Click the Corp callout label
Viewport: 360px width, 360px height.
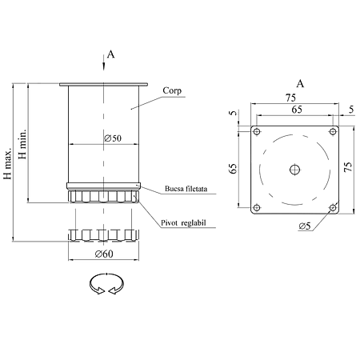(172, 90)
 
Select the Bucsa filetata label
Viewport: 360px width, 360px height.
(186, 189)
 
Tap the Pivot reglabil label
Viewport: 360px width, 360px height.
(183, 222)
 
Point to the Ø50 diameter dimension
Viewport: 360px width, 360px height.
(113, 138)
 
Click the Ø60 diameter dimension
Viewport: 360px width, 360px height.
(104, 254)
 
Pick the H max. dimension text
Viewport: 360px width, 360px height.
(8, 162)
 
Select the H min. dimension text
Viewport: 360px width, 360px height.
(22, 144)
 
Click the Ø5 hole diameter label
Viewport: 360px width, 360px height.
(305, 226)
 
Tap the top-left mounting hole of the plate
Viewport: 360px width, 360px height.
(257, 132)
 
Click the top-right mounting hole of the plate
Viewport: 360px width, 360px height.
(333, 131)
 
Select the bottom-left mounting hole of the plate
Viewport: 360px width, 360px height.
(257, 207)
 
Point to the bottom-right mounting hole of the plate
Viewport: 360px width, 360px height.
(333, 207)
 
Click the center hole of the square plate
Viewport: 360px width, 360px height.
(294, 170)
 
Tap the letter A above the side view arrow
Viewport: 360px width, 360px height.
(110, 54)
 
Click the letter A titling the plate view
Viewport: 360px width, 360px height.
(300, 84)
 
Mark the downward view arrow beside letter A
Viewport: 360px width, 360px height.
(104, 62)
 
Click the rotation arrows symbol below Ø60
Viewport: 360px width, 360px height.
(106, 284)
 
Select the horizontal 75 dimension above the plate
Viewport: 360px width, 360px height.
(290, 98)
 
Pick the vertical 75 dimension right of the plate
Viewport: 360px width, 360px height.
(348, 167)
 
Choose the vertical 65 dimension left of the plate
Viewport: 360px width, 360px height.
(233, 169)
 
